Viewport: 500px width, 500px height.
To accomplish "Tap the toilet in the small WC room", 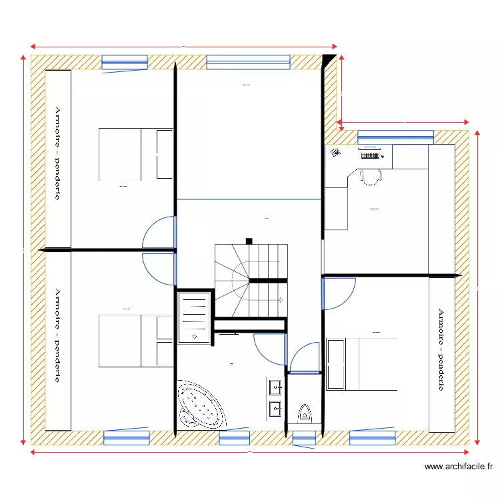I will [x=305, y=413].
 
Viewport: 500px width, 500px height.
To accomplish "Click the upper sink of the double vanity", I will [x=275, y=387].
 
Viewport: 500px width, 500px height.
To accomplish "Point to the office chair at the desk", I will [x=369, y=176].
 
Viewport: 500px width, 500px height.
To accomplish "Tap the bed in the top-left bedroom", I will [x=136, y=154].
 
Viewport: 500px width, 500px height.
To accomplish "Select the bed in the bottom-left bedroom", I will [x=136, y=341].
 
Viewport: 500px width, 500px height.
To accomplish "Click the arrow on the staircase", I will [x=283, y=299].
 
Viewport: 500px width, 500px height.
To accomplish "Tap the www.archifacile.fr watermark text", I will [x=458, y=467].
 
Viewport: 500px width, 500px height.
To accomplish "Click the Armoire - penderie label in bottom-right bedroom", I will [x=441, y=349].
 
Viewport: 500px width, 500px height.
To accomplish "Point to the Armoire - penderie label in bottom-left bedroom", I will [x=58, y=335].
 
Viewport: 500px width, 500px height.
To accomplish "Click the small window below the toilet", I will [x=305, y=438].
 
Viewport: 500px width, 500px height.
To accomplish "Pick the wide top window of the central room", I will [x=249, y=63].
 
